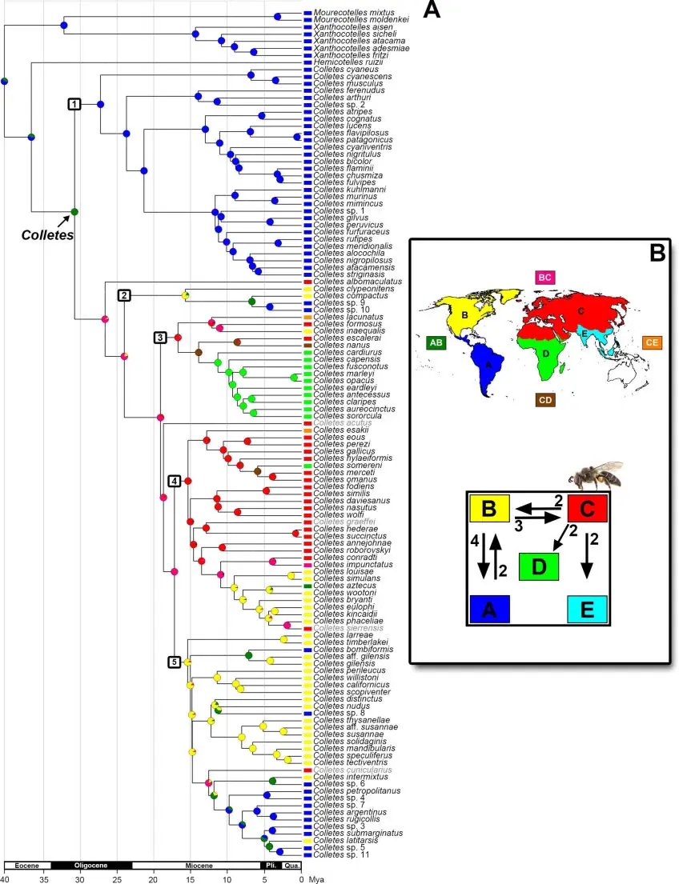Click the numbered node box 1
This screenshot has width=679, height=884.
click(74, 104)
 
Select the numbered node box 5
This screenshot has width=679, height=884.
click(175, 662)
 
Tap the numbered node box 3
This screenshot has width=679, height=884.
click(160, 337)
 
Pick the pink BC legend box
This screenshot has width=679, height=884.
click(545, 277)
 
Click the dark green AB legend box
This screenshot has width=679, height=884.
click(435, 342)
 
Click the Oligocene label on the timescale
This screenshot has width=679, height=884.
click(90, 865)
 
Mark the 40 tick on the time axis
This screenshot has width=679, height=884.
click(5, 878)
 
